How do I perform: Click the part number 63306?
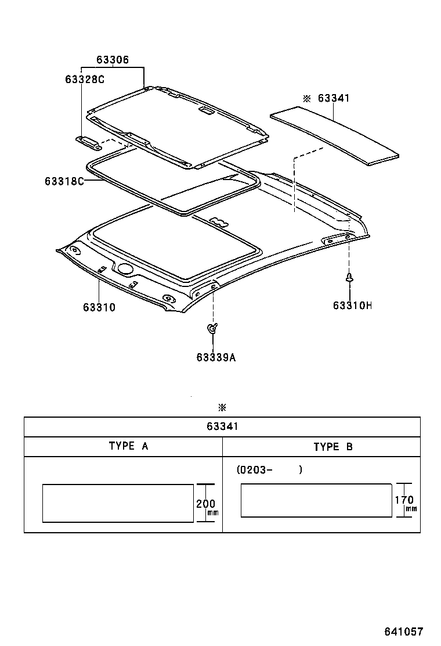point(113,60)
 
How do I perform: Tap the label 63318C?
point(64,181)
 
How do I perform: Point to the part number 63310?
point(99,307)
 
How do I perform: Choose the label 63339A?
point(216,357)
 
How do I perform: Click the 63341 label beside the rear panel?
point(333,99)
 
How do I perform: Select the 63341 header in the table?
point(222,426)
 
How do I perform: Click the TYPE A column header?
point(128,446)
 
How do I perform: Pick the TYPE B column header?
point(333,446)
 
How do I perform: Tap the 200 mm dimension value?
point(205,504)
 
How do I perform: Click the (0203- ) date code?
point(269,469)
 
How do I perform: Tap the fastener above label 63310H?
point(350,278)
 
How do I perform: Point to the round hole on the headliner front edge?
point(125,268)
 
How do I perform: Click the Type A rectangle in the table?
point(118,503)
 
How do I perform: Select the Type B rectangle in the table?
point(316,500)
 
